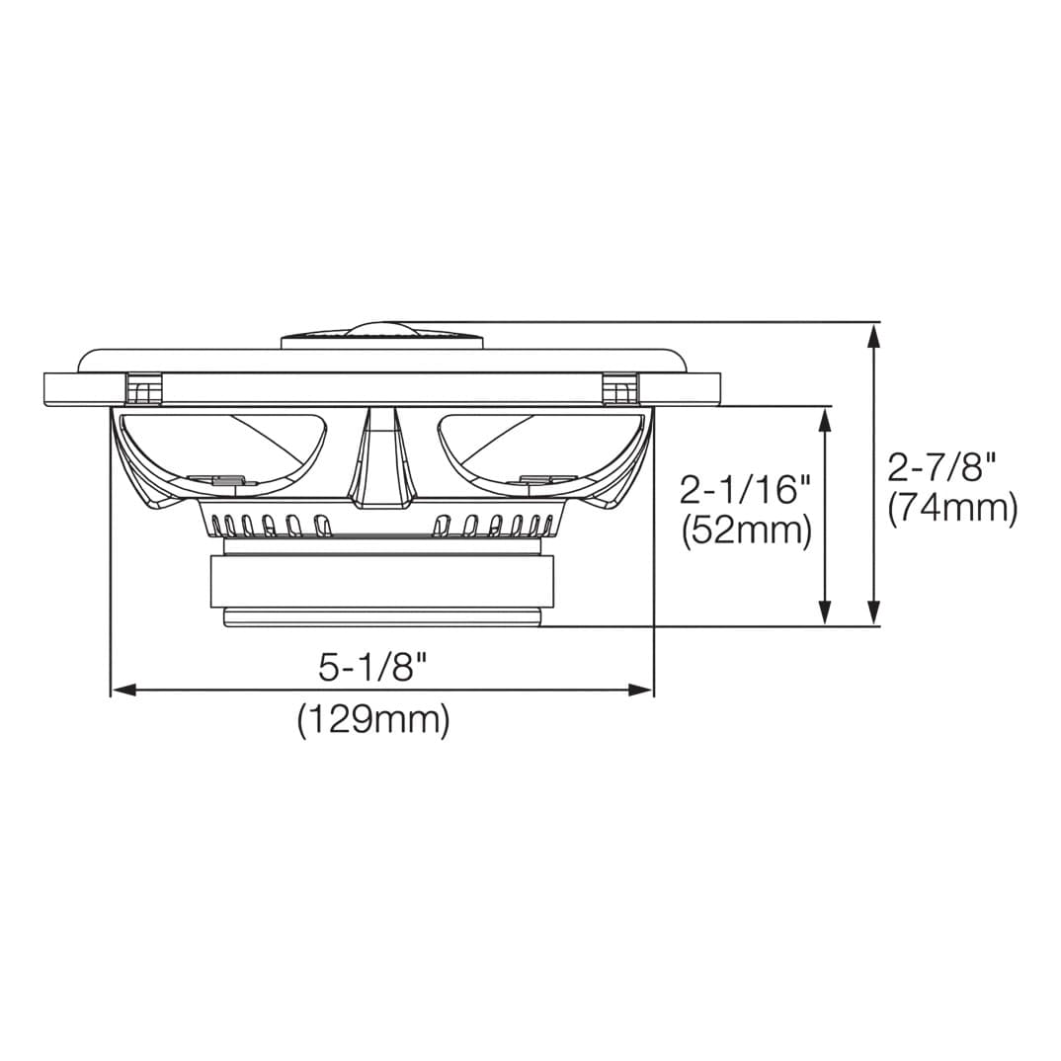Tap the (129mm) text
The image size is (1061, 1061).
click(373, 719)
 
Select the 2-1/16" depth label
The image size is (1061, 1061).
click(745, 488)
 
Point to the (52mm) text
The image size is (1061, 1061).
click(747, 531)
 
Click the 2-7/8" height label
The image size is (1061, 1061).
click(941, 465)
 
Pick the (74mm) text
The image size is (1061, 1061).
click(952, 509)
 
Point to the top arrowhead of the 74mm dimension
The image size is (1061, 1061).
click(872, 334)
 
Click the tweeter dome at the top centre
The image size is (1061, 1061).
click(382, 330)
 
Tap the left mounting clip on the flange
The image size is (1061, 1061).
click(144, 388)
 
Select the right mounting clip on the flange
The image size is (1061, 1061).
click(620, 388)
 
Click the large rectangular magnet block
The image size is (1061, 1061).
click(381, 581)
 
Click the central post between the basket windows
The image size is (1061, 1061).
click(381, 459)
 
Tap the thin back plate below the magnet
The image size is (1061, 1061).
click(381, 617)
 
